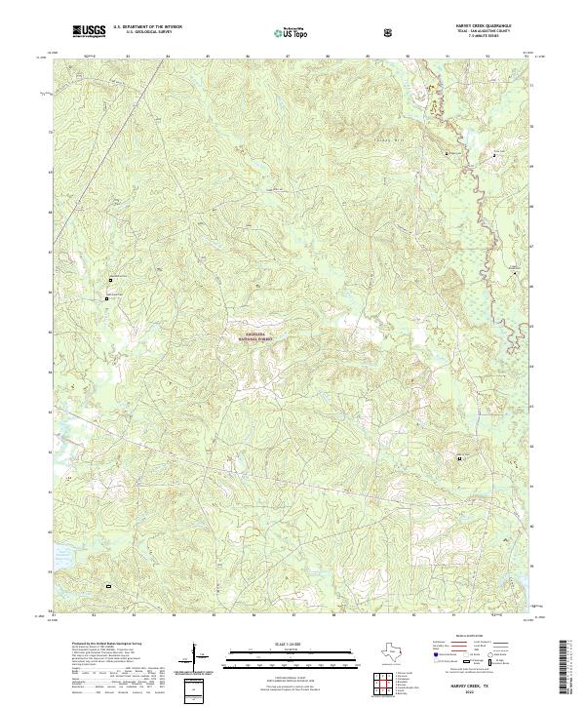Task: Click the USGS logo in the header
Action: pyautogui.click(x=90, y=32)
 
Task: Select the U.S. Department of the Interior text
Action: pyautogui.click(x=143, y=28)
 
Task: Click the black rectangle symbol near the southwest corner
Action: pyautogui.click(x=109, y=586)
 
